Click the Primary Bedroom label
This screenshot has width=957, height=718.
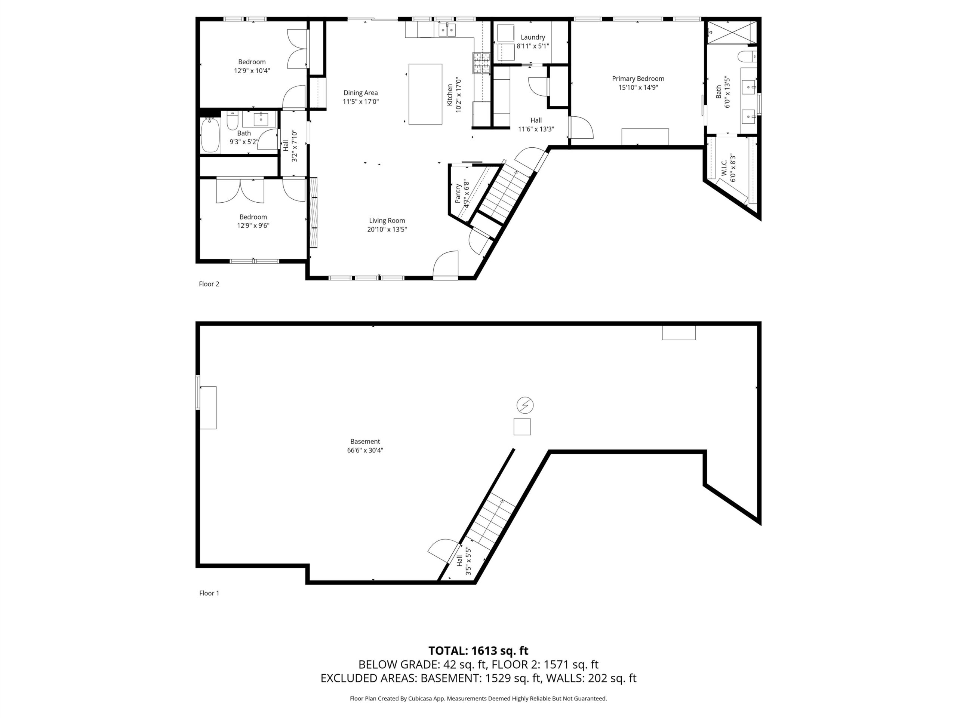click(x=638, y=79)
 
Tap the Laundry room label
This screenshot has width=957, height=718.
click(x=533, y=38)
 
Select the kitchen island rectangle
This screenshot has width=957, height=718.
click(x=425, y=94)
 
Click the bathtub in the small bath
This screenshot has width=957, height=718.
click(x=210, y=135)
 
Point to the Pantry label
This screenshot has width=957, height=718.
click(x=458, y=193)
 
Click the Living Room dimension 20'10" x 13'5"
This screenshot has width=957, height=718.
click(x=387, y=229)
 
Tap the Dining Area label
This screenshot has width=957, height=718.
click(x=360, y=93)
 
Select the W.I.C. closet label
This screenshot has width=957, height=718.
click(x=724, y=168)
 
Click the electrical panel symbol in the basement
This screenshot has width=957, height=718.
click(x=525, y=405)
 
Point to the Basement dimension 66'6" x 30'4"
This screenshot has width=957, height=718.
click(x=365, y=450)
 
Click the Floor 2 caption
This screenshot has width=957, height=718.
click(x=209, y=284)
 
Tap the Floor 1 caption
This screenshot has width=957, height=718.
click(x=209, y=593)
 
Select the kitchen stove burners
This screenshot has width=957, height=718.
click(x=481, y=62)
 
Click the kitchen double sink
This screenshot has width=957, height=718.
click(x=447, y=30)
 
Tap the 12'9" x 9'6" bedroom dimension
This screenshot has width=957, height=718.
click(x=253, y=225)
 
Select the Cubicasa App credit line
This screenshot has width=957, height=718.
click(x=478, y=698)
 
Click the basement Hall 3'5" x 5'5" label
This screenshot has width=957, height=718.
click(x=463, y=561)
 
